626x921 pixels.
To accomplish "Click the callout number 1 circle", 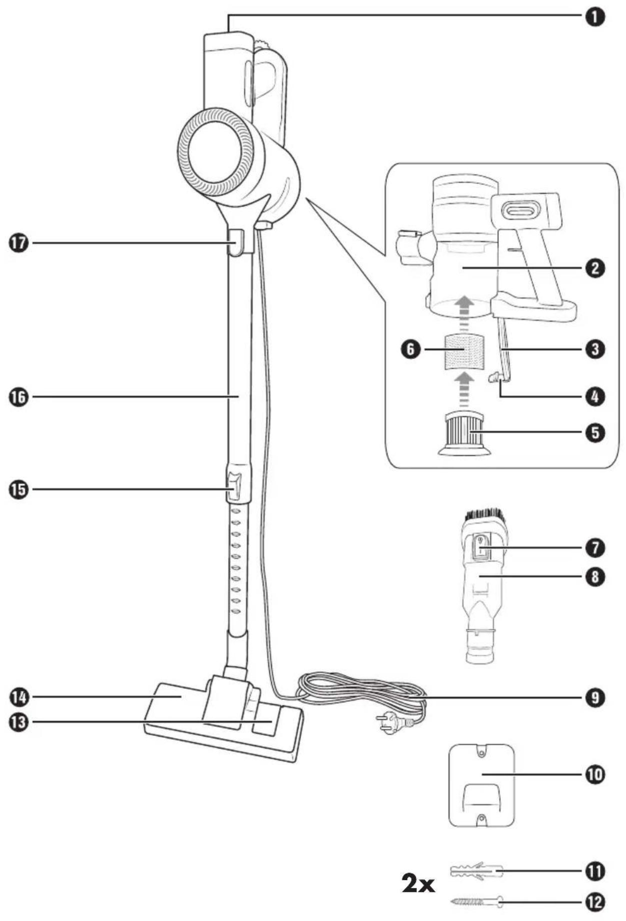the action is (x=594, y=18).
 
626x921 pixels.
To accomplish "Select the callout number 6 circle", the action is (x=410, y=349).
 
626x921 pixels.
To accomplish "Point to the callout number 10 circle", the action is (x=594, y=775).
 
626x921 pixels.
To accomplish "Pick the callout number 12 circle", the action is (x=594, y=902).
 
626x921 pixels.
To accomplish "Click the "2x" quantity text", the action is (x=418, y=884).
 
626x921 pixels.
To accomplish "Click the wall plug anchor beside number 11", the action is (x=475, y=872).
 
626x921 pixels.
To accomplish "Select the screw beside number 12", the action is (x=476, y=902).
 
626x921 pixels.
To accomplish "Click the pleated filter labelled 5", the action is (x=464, y=433).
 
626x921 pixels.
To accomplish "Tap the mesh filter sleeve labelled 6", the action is (x=464, y=352).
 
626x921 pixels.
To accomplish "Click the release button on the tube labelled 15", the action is (x=234, y=485).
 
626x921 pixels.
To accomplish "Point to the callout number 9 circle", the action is (x=594, y=697).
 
